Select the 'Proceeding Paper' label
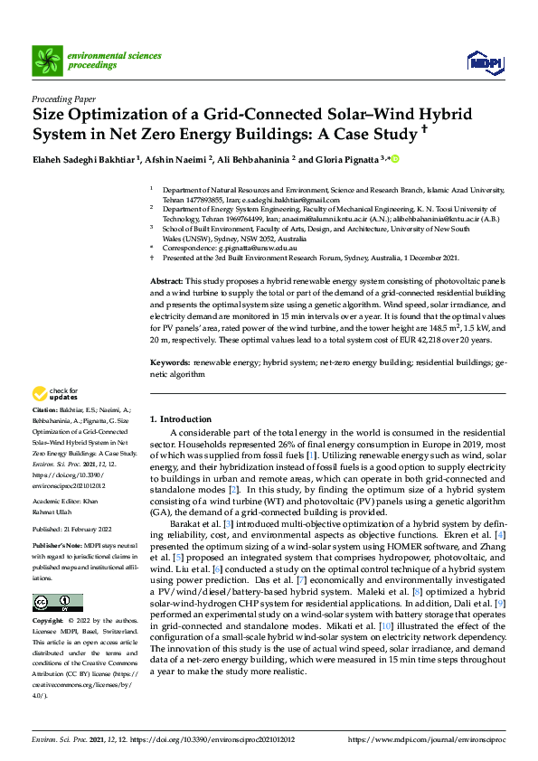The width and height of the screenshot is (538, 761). click(x=63, y=99)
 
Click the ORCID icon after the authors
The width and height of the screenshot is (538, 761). click(x=393, y=159)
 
